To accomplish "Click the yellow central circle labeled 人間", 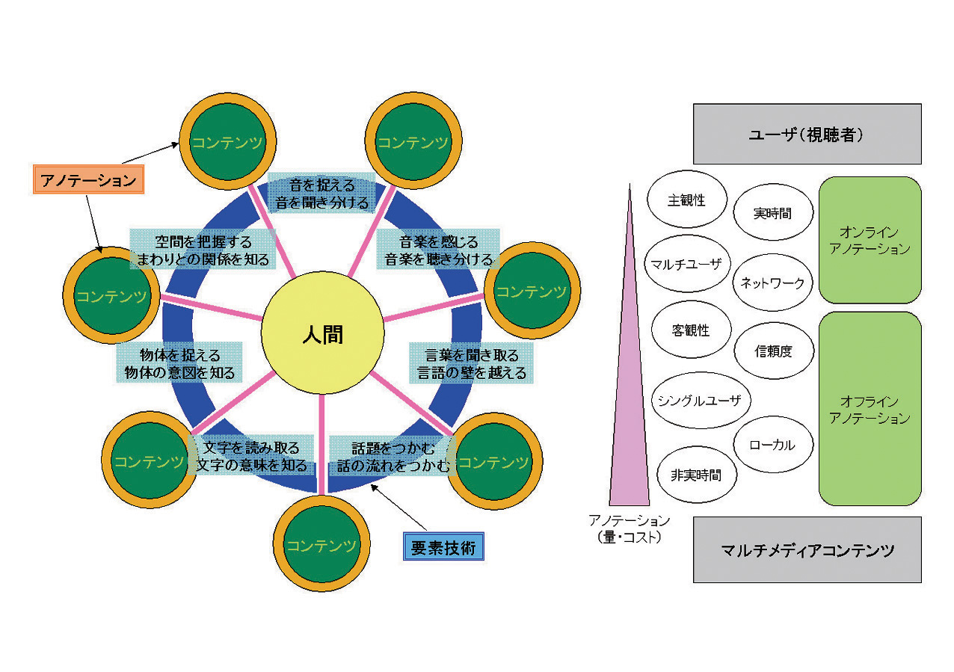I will (322, 334).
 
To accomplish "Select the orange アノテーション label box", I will (88, 180).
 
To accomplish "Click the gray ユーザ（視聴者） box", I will (807, 134).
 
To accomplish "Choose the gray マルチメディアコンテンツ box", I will (807, 550).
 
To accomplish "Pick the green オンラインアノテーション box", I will (870, 240).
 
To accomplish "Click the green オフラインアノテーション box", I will (870, 409).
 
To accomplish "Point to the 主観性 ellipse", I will (686, 200).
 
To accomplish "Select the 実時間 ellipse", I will (772, 213).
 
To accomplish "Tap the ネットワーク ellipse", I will (772, 283).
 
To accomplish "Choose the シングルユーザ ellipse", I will (700, 400).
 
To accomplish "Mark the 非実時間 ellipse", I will (695, 475).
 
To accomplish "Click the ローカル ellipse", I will (772, 445).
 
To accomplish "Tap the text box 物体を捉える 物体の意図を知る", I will (179, 363).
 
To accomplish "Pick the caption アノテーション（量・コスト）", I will (629, 528).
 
